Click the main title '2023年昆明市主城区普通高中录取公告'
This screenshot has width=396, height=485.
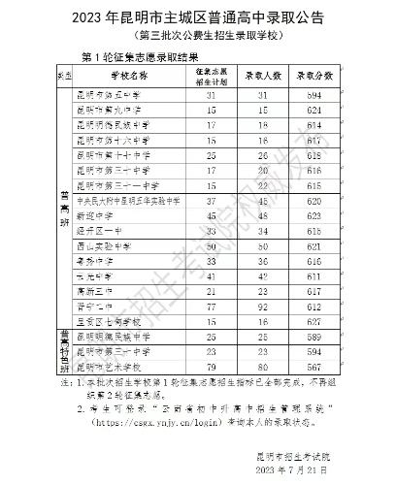pyautogui.click(x=197, y=17)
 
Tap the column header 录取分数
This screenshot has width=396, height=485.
pyautogui.click(x=314, y=75)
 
